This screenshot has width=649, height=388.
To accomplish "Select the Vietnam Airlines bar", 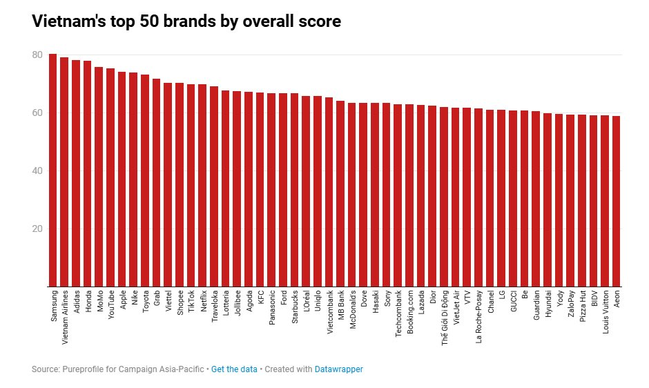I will pos(64,172).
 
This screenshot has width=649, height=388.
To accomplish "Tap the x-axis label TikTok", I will pos(191,304).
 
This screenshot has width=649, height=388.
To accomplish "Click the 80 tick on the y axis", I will pos(37,55).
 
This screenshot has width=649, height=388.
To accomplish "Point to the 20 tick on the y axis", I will pos(37,229).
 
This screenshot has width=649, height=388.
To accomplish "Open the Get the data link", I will pos(234,369).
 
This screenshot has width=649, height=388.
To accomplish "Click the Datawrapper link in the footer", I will pos(338,369).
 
